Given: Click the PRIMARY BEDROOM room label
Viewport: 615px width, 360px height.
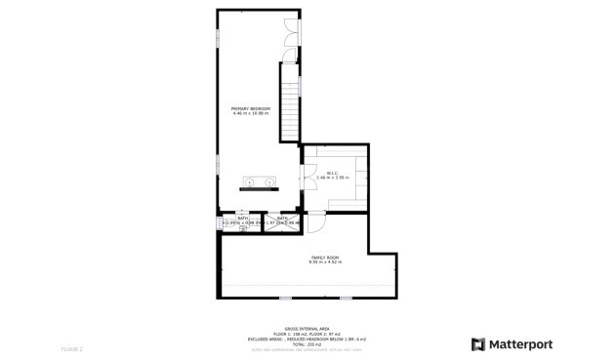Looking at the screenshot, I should click(x=250, y=108).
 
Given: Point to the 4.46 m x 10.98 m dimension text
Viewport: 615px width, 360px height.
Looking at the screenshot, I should click(x=250, y=113).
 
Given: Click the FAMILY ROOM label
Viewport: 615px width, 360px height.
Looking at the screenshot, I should click(x=324, y=256).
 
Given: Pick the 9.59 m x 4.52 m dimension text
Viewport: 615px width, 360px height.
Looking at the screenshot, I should click(x=324, y=261).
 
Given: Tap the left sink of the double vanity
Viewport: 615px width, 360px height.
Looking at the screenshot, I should click(x=250, y=181).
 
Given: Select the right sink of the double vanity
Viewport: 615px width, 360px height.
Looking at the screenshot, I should click(x=268, y=181).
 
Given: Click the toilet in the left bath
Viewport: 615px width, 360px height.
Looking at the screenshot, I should click(x=229, y=229).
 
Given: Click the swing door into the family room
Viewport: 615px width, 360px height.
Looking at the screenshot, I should click(x=316, y=223).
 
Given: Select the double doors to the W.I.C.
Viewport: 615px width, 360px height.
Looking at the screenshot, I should click(x=307, y=173).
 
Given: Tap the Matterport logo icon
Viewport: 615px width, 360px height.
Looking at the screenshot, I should click(x=478, y=343).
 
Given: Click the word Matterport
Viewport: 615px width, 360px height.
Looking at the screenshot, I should click(x=520, y=343).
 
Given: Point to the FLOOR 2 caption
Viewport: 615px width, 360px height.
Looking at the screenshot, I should click(x=72, y=348).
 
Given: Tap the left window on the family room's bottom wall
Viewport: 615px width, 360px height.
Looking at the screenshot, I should click(x=285, y=298).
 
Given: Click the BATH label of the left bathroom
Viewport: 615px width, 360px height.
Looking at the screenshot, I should click(x=228, y=218).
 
